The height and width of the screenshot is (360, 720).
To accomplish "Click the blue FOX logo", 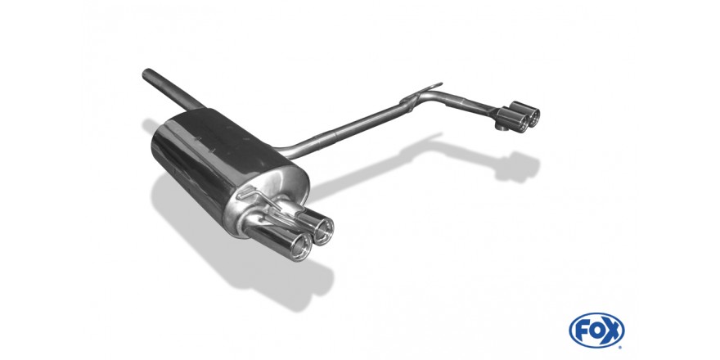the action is click(x=596, y=331).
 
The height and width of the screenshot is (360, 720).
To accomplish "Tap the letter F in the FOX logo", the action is click(x=583, y=331).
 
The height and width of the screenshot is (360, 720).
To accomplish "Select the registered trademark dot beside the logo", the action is click(x=621, y=346).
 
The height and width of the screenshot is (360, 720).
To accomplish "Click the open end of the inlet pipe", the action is click(x=147, y=74).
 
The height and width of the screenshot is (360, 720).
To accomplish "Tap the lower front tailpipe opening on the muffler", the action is click(x=301, y=249).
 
